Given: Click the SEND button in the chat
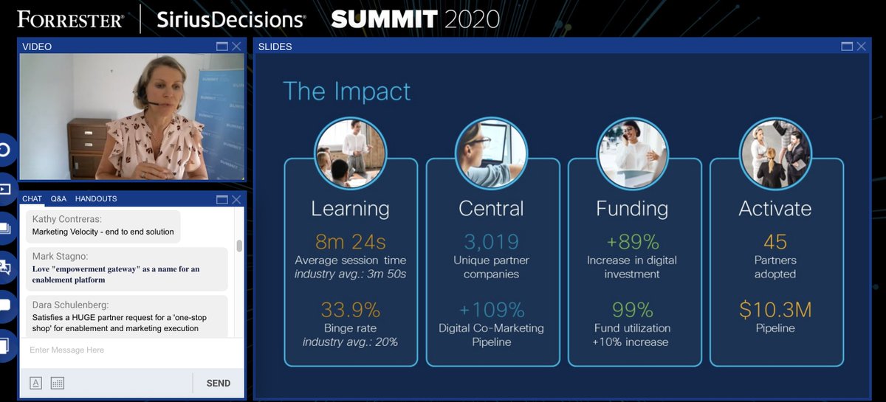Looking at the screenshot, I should point(218,383).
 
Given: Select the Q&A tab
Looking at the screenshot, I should point(58,199).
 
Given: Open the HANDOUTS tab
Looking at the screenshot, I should point(96,199).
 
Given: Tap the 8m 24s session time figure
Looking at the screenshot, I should point(350,241).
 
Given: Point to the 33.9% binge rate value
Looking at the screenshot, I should point(350,309).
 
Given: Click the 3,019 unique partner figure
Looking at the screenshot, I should point(491,241).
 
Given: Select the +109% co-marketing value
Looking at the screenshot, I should point(491,309).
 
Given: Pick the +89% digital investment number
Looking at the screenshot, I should point(632,241).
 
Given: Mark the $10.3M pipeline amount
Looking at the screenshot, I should point(775,309).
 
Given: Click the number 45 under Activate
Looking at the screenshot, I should point(775,241).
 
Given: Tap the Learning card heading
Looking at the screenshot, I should point(350,208).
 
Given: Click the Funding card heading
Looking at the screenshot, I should point(632,208).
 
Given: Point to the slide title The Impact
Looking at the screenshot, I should point(347,91).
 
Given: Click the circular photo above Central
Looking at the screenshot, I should point(491,153).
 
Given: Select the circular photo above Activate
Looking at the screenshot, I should point(775,153).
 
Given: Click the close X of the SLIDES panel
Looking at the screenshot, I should point(861,46).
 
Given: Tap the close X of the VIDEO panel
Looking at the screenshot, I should point(236,46).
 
